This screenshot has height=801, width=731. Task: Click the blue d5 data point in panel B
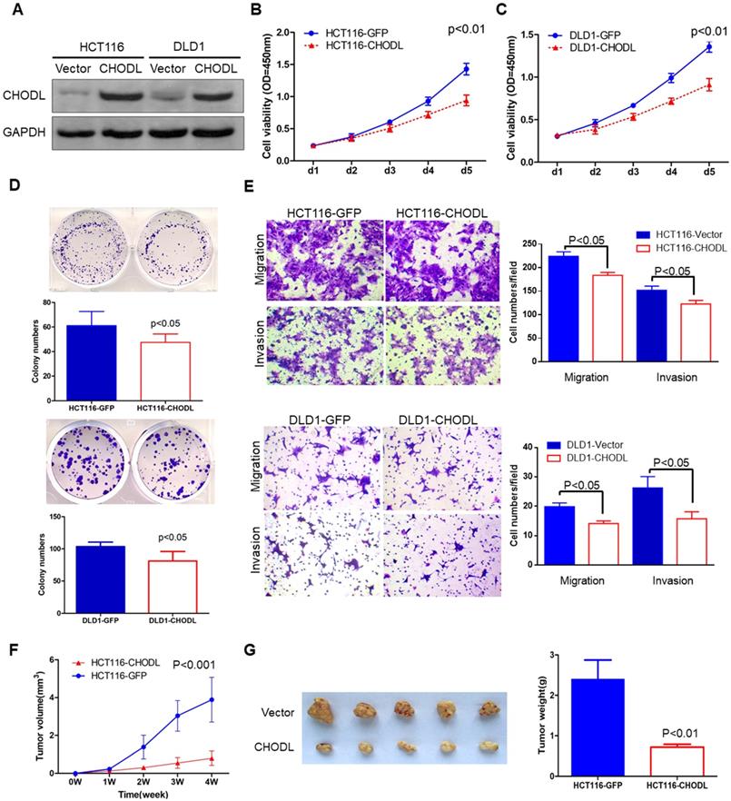tap(467, 68)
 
